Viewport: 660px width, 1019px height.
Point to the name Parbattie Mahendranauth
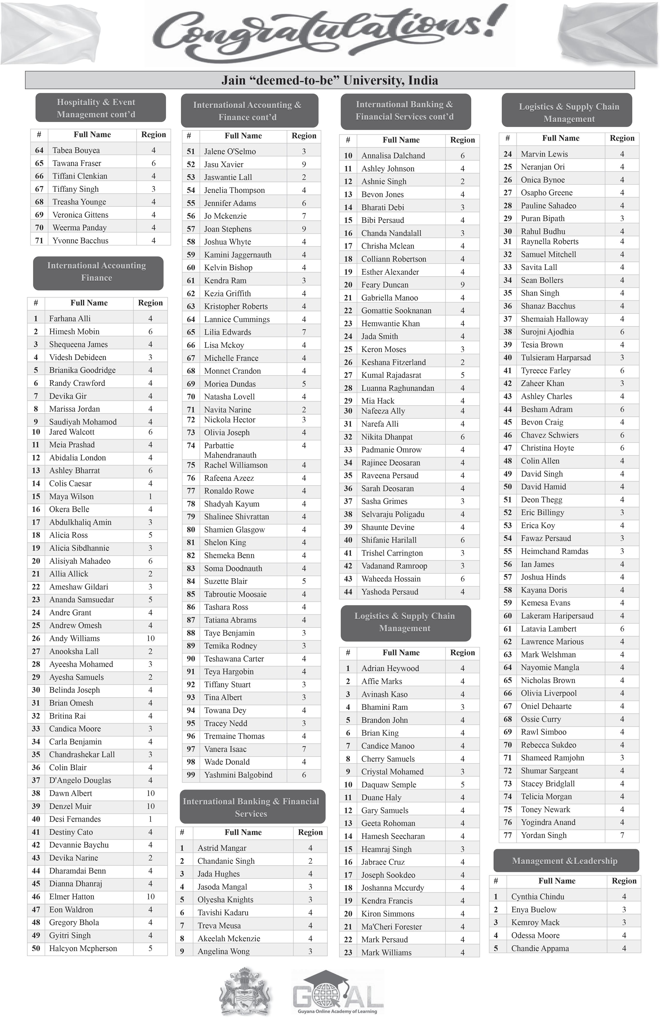pos(230,450)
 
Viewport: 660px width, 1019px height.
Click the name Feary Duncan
pos(384,285)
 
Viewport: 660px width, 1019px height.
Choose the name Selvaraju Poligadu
pos(393,514)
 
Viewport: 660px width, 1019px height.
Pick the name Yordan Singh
pos(543,835)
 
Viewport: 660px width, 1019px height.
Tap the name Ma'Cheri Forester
pos(392,927)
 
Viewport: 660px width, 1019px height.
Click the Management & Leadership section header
pos(565,861)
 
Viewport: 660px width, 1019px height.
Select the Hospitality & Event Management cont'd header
pos(96,108)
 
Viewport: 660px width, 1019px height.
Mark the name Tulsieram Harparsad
pos(555,358)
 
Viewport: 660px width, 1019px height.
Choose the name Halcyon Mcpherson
pos(83,948)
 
